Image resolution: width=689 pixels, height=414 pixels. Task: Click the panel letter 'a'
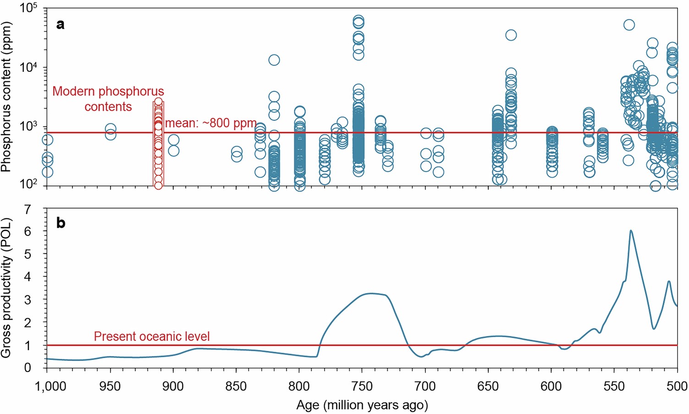pos(60,25)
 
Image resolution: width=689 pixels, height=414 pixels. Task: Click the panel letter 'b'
pos(60,223)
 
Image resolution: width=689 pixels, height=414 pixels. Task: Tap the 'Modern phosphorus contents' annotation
pos(108,99)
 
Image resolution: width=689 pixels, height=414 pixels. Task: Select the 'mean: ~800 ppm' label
pos(210,124)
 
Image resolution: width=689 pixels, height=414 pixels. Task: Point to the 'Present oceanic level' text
pos(152,337)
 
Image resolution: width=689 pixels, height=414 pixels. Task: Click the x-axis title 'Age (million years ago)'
pos(362,405)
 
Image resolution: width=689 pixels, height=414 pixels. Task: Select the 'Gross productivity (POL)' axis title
pos(6,288)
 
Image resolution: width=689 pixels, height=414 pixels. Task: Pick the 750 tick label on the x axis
pos(362,386)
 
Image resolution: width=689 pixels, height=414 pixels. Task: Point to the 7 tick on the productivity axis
pos(28,210)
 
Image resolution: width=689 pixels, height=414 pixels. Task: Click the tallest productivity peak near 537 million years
pos(631,231)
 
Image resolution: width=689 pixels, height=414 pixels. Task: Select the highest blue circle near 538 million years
pos(629,25)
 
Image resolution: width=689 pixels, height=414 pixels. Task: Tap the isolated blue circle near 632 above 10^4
pos(511,35)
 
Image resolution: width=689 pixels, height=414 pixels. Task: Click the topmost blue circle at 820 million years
pos(274,60)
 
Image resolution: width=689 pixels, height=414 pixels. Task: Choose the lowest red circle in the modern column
pos(158,185)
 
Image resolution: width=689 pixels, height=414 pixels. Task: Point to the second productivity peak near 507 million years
pos(669,282)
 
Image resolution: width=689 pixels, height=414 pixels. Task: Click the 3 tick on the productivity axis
pos(28,300)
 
